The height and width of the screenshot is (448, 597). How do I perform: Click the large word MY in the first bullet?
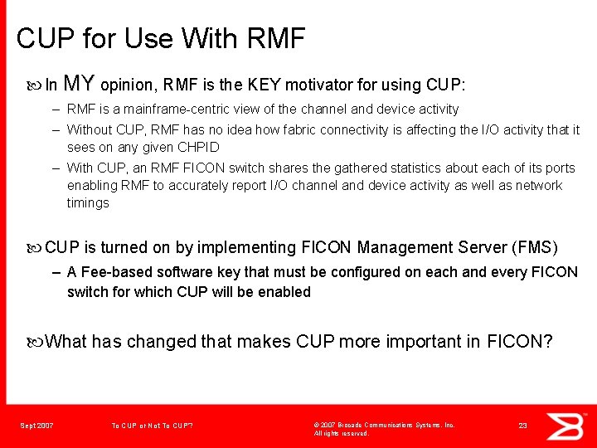click(79, 83)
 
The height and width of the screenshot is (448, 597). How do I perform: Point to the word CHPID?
click(198, 147)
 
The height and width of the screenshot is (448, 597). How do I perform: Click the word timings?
click(88, 202)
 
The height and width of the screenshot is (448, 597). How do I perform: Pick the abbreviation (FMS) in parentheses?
click(536, 247)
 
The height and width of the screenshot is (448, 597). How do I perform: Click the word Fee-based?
click(111, 272)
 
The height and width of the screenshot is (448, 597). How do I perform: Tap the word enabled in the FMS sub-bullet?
click(284, 292)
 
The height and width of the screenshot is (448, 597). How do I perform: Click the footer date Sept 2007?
click(36, 426)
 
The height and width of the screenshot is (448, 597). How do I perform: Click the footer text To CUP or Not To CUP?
click(152, 426)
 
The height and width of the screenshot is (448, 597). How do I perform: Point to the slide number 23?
click(522, 426)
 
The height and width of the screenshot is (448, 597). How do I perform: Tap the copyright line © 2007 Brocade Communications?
click(384, 425)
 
